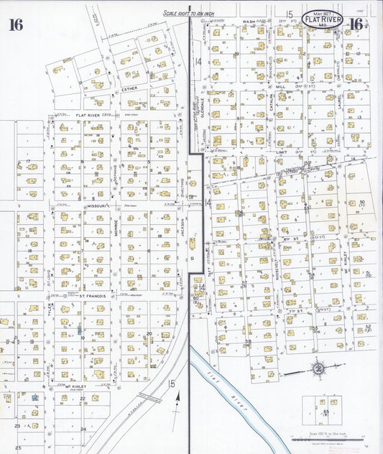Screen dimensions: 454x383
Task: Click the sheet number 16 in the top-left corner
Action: [16, 25]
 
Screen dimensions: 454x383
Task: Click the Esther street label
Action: [129, 89]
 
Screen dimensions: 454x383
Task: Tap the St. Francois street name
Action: [92, 295]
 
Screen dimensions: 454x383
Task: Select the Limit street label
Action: [282, 152]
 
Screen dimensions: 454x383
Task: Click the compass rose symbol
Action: [316, 369]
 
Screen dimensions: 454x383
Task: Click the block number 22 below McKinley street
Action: [83, 398]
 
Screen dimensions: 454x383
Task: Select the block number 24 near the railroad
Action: [83, 429]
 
